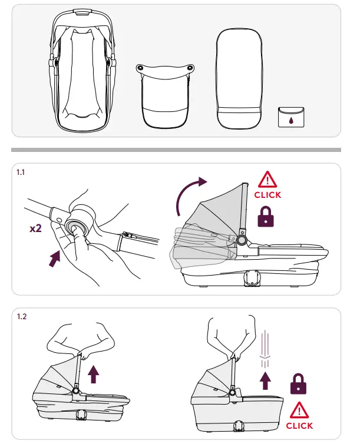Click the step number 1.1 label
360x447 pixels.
[21, 172]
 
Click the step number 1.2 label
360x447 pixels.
[22, 317]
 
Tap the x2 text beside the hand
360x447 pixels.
[36, 228]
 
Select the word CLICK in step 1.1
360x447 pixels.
[267, 195]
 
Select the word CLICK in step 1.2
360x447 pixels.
[299, 426]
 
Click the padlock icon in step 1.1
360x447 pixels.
[266, 217]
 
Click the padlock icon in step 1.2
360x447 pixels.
[298, 384]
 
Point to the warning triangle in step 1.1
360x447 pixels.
[267, 180]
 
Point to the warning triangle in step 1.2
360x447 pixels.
[299, 410]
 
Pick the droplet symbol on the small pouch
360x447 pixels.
[290, 121]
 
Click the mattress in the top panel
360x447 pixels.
[239, 79]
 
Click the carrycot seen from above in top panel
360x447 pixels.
[82, 71]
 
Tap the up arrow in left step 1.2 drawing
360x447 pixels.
[93, 375]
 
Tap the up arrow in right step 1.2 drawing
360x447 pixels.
[265, 381]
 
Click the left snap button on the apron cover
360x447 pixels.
[140, 68]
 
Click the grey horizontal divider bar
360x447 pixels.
[176, 150]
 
